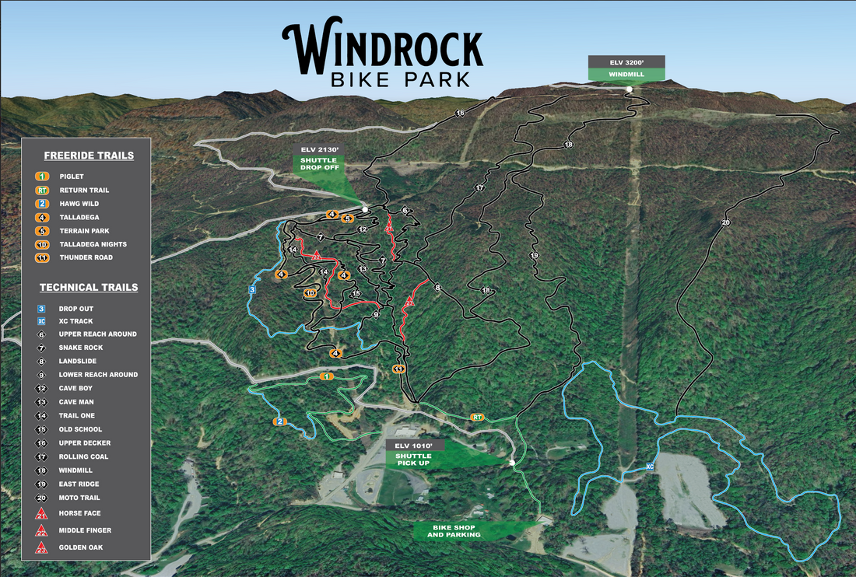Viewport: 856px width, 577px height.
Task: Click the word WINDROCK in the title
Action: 382,48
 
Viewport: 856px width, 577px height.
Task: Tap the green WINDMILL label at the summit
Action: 626,74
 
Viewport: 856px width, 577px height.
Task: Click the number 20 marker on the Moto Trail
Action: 725,223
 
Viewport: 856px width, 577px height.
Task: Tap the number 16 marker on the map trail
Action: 460,114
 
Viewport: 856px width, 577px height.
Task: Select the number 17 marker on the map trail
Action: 479,188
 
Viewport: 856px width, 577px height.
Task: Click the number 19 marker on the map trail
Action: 534,256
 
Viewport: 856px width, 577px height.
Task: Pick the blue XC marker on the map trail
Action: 650,467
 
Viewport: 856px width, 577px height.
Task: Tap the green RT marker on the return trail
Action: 477,418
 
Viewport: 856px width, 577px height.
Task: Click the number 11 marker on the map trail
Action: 398,369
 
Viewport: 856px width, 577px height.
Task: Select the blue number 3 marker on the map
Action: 252,289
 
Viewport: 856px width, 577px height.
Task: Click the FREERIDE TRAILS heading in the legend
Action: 88,156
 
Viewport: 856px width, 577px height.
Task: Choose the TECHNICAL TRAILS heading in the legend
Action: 88,287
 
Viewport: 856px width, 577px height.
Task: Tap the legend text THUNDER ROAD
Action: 86,257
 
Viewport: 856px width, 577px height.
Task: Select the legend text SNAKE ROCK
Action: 81,348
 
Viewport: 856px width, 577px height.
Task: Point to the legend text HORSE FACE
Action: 79,513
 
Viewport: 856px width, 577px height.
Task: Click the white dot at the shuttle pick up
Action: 512,463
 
